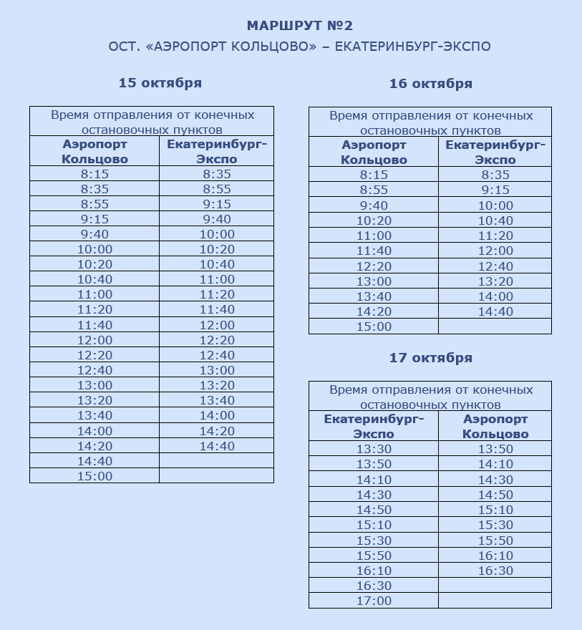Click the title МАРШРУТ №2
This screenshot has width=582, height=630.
[x=300, y=26]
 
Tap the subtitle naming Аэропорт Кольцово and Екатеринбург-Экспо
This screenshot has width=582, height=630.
[x=300, y=47]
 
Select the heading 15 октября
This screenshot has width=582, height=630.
[x=160, y=83]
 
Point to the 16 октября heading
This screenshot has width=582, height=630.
[x=431, y=84]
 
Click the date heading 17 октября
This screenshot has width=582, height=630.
[x=431, y=358]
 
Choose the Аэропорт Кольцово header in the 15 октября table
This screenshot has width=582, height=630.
[x=94, y=152]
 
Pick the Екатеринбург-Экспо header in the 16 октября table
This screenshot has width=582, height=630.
[x=495, y=152]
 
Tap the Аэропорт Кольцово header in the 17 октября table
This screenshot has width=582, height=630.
[x=495, y=427]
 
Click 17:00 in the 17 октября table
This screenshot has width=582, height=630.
[x=374, y=601]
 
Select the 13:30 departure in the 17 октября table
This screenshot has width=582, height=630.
[x=374, y=450]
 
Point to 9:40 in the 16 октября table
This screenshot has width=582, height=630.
[x=374, y=205]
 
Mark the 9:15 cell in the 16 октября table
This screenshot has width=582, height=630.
[x=495, y=190]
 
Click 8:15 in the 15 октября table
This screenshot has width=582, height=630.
[x=94, y=174]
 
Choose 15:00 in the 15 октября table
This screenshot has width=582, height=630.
[x=94, y=476]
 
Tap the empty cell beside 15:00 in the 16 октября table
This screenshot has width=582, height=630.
[x=495, y=327]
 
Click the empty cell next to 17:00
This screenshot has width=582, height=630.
[x=495, y=601]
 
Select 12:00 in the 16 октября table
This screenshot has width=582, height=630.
[x=495, y=251]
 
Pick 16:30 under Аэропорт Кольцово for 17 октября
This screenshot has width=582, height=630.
[x=495, y=571]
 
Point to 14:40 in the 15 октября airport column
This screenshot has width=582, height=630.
[x=94, y=461]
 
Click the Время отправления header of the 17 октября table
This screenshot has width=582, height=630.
[x=431, y=397]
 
